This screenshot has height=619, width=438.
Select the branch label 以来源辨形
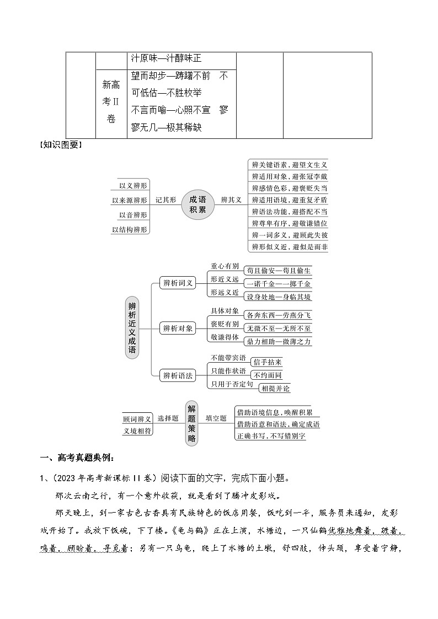(130, 200)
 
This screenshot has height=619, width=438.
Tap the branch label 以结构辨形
(130, 229)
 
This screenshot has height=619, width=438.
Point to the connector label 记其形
(165, 200)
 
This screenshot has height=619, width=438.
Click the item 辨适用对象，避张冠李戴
(289, 176)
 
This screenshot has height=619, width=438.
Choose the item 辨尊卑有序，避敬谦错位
(289, 223)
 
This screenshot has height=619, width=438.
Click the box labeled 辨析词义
(178, 283)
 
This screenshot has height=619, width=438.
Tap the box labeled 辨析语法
(178, 375)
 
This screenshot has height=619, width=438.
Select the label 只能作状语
(228, 370)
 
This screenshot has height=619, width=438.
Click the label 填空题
(216, 418)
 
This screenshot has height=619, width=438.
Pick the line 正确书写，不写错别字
(270, 436)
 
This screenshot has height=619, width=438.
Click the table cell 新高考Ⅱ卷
(111, 102)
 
